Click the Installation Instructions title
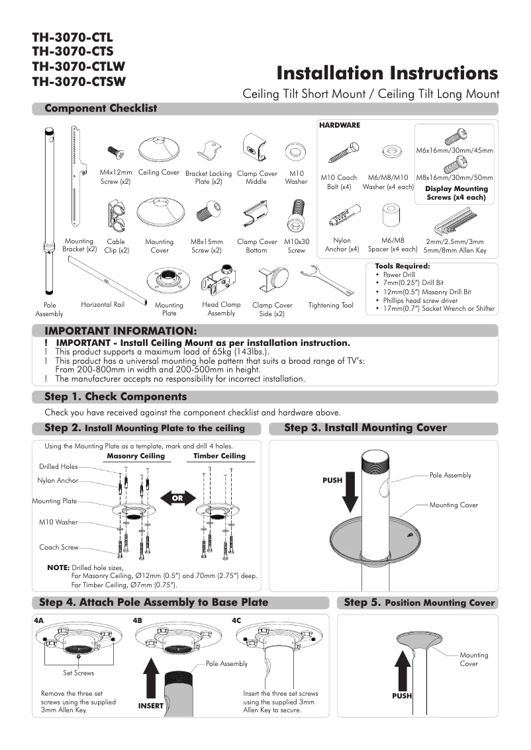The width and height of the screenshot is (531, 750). point(387,72)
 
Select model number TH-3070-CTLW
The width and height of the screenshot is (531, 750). point(78,67)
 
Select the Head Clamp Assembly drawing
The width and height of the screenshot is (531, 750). point(220,281)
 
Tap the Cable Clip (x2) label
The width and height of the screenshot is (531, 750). point(116,246)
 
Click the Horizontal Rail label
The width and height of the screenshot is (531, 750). point(103,304)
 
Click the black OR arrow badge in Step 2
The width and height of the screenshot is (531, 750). point(175,497)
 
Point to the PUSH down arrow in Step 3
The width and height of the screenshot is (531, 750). point(351,495)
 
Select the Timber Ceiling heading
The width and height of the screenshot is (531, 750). point(219,456)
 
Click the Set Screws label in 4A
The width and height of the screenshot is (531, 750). point(78,673)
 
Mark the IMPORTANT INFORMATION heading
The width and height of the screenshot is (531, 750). point(120,330)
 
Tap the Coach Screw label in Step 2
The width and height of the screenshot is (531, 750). point(59,547)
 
